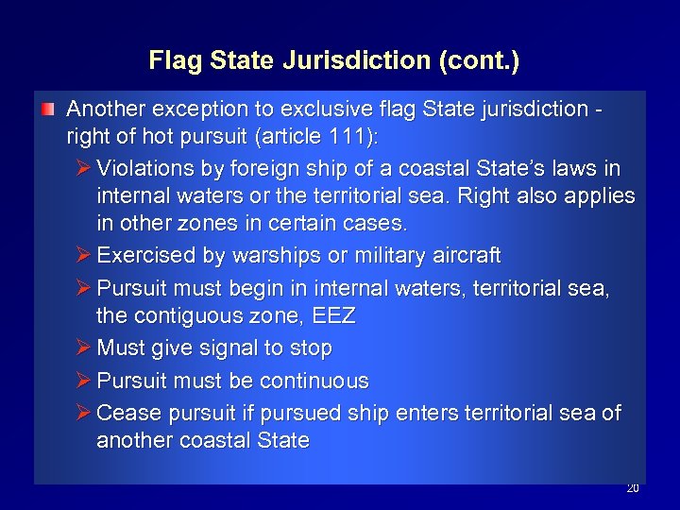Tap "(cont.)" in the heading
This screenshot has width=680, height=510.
pos(479,61)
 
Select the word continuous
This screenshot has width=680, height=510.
pos(313,381)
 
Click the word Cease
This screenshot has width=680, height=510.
pos(126,413)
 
